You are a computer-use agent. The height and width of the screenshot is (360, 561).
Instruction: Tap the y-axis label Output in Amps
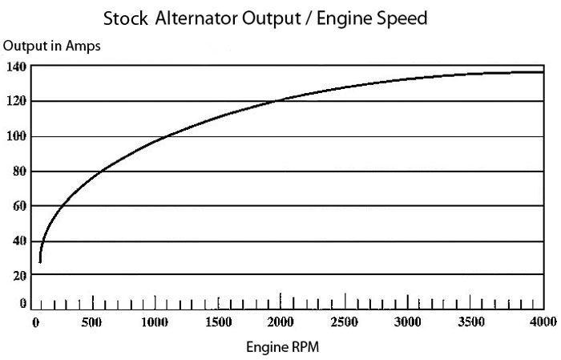[52, 47]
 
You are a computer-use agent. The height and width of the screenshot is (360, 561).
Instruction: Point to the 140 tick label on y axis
[17, 67]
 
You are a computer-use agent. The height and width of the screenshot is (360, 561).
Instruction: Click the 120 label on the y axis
[17, 101]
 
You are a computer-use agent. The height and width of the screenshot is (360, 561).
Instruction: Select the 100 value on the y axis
[17, 136]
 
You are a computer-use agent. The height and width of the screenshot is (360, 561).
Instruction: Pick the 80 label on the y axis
[20, 171]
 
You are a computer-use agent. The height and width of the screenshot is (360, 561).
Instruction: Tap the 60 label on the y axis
[20, 205]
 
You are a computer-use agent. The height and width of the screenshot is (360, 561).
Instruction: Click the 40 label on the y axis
[20, 241]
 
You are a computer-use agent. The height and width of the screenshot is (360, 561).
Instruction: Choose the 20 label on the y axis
[20, 275]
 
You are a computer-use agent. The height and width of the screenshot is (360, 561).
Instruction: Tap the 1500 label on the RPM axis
[218, 322]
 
